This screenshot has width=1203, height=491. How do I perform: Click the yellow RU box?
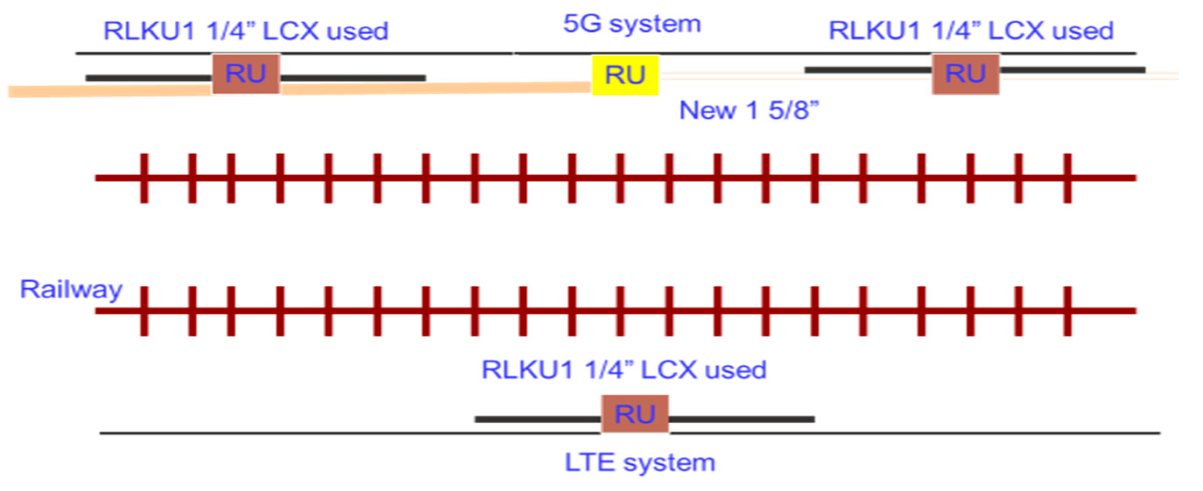625,75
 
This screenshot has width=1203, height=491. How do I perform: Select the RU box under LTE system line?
635,414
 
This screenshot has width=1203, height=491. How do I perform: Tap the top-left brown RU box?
246,74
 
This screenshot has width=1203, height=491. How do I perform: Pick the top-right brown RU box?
966,74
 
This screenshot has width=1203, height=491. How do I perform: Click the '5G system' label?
632,24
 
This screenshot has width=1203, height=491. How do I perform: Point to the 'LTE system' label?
640,463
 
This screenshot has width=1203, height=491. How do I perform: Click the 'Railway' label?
71,289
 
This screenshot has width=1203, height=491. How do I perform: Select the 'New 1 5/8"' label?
748,111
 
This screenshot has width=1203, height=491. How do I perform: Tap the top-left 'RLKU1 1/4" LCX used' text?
246,31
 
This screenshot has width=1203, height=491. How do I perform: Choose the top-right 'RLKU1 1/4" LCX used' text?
971,31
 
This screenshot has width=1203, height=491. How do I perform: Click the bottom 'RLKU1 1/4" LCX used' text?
624,370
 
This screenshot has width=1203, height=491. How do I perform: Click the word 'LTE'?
589,463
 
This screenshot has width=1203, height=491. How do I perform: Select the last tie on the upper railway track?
1068,178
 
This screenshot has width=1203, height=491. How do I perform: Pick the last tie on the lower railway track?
1068,311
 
